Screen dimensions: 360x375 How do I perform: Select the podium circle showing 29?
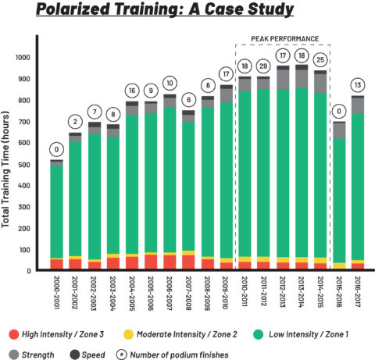coord(263,66)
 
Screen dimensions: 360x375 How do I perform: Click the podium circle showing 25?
coord(320,60)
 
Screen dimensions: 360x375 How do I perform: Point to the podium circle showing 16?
coord(132,91)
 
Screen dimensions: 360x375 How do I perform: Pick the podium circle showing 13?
coord(357,84)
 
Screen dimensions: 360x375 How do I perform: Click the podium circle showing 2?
coord(76,121)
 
